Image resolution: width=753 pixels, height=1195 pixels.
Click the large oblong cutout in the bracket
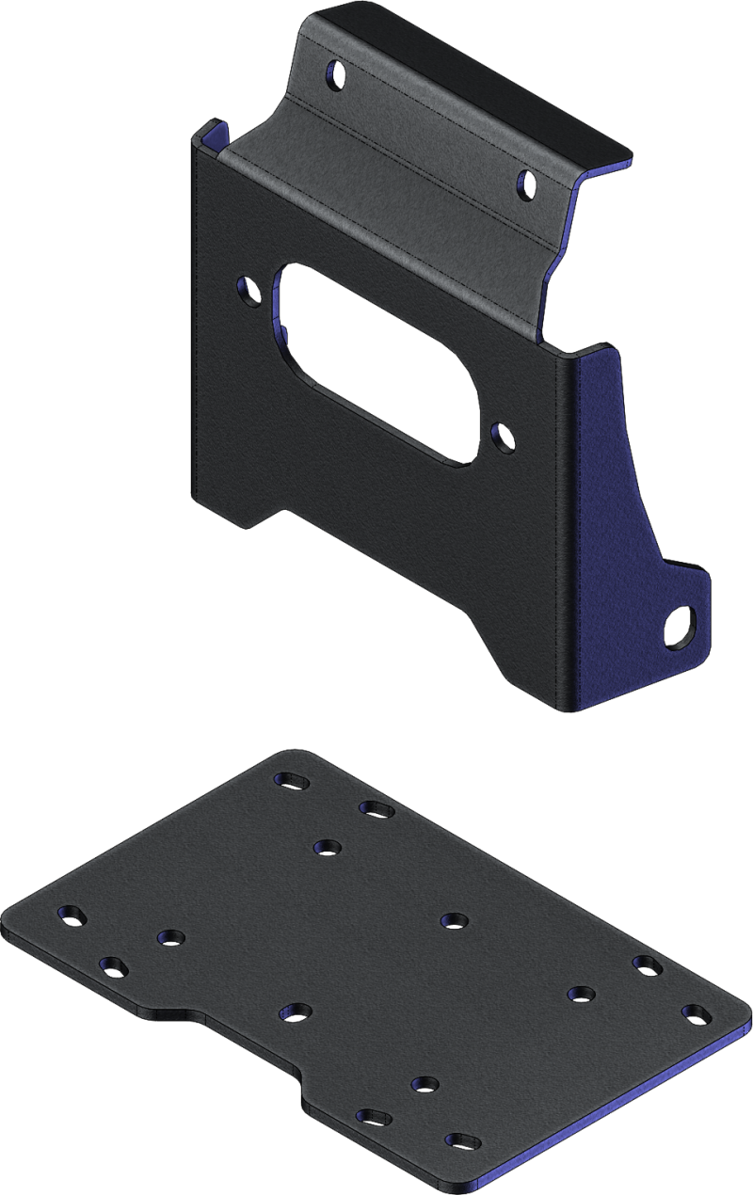pos(376,362)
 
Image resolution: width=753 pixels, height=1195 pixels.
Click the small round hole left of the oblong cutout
pos(250,288)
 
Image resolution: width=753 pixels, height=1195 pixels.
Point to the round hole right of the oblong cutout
pos(505,435)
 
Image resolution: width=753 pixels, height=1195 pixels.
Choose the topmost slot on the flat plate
pos(290,780)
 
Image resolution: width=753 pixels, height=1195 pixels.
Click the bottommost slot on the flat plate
pos(461,1140)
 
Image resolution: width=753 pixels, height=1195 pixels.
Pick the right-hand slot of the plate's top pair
pos(376,808)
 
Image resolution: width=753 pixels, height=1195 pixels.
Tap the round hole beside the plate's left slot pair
pos(170,938)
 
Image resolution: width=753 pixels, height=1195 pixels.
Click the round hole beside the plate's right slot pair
pos(581,993)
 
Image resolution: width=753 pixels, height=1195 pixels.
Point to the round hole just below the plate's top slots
pos(327,848)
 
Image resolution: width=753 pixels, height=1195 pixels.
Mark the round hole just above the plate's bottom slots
pos(425,1085)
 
